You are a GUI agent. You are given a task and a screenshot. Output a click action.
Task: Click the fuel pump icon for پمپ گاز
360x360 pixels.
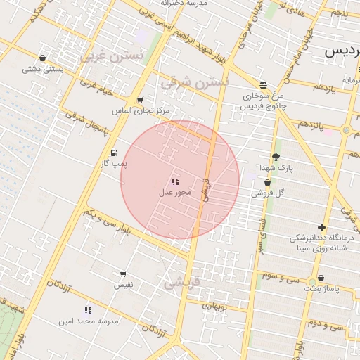114,153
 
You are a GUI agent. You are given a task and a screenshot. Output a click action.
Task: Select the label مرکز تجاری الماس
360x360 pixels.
141,111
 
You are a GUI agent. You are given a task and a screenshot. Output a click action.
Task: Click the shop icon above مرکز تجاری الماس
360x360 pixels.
141,100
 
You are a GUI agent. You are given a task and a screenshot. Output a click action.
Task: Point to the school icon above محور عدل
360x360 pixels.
175,181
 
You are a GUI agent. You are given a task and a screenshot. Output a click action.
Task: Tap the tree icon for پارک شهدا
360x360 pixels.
275,157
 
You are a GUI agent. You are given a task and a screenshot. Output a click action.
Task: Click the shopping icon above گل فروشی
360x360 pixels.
267,183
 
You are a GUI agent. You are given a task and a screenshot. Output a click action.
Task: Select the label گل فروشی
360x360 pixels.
271,193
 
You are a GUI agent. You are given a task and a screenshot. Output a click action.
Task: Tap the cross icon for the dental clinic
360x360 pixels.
321,227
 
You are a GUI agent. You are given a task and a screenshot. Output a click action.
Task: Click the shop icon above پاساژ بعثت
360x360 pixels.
321,278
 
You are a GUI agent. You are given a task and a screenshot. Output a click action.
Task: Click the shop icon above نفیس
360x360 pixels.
123,274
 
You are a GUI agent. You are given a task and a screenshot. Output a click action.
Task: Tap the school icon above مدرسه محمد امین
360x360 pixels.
88,310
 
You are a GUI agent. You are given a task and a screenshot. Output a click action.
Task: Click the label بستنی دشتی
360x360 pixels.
43,69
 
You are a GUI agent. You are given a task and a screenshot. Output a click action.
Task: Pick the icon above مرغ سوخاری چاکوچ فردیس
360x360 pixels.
263,85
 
